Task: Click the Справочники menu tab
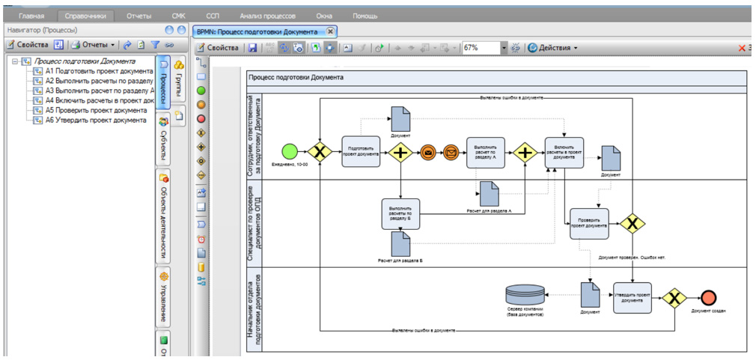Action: tap(85, 15)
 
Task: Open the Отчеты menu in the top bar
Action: tap(139, 15)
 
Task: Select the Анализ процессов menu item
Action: tap(267, 15)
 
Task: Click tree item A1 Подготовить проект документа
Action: tap(98, 71)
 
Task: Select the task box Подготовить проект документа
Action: tap(362, 151)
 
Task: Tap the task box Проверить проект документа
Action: tap(589, 223)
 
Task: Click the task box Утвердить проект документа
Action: tap(632, 297)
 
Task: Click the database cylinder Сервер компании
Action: tap(524, 294)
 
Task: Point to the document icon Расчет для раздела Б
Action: tap(400, 244)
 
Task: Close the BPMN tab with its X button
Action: tap(331, 31)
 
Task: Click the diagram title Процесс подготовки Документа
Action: tap(296, 77)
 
